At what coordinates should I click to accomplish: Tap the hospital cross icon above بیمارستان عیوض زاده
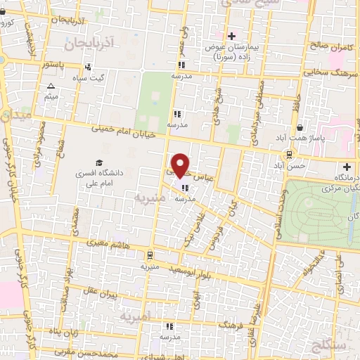coord(231,35)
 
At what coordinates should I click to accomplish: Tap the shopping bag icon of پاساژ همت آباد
coord(301,128)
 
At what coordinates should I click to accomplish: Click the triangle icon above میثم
coord(51,87)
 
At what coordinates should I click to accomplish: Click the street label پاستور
coord(53,65)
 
